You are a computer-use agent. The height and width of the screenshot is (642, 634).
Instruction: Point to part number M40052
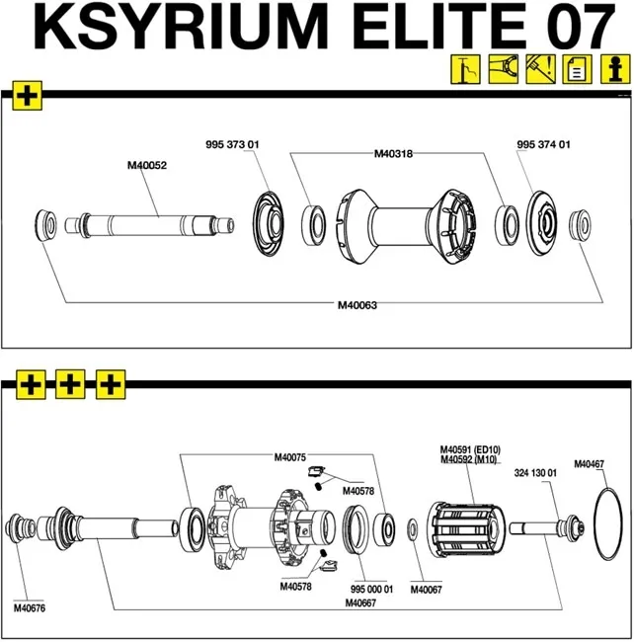click(147, 166)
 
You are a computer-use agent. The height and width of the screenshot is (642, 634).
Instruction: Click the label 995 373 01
click(231, 145)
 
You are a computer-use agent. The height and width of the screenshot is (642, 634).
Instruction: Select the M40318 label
click(393, 154)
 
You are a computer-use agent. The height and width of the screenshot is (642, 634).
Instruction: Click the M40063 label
click(357, 305)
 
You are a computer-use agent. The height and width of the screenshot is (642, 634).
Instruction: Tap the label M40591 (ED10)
click(470, 448)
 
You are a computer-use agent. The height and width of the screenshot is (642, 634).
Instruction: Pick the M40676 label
click(32, 606)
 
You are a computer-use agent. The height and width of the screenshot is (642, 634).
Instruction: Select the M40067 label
click(429, 590)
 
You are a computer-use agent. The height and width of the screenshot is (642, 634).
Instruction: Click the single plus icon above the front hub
click(28, 97)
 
